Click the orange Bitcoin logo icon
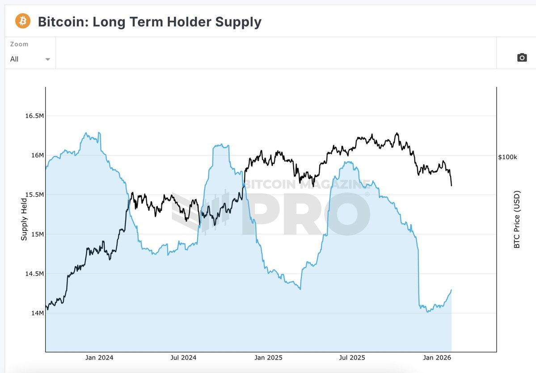(x=23, y=21)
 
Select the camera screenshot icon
(x=522, y=58)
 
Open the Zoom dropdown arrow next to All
(x=48, y=59)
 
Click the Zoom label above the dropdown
(x=19, y=44)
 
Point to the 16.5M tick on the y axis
(x=34, y=116)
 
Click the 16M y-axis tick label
(x=37, y=155)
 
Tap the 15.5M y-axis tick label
(x=34, y=195)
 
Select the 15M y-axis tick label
(x=37, y=234)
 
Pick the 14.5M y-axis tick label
(x=34, y=274)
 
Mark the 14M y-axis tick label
(x=37, y=313)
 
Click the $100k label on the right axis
(x=507, y=157)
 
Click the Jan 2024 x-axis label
(x=99, y=358)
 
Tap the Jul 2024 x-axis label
(x=183, y=358)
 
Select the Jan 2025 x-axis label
(x=267, y=358)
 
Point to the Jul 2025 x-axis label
(x=352, y=358)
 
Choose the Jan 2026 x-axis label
(x=436, y=358)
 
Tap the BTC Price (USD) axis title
(x=517, y=220)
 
